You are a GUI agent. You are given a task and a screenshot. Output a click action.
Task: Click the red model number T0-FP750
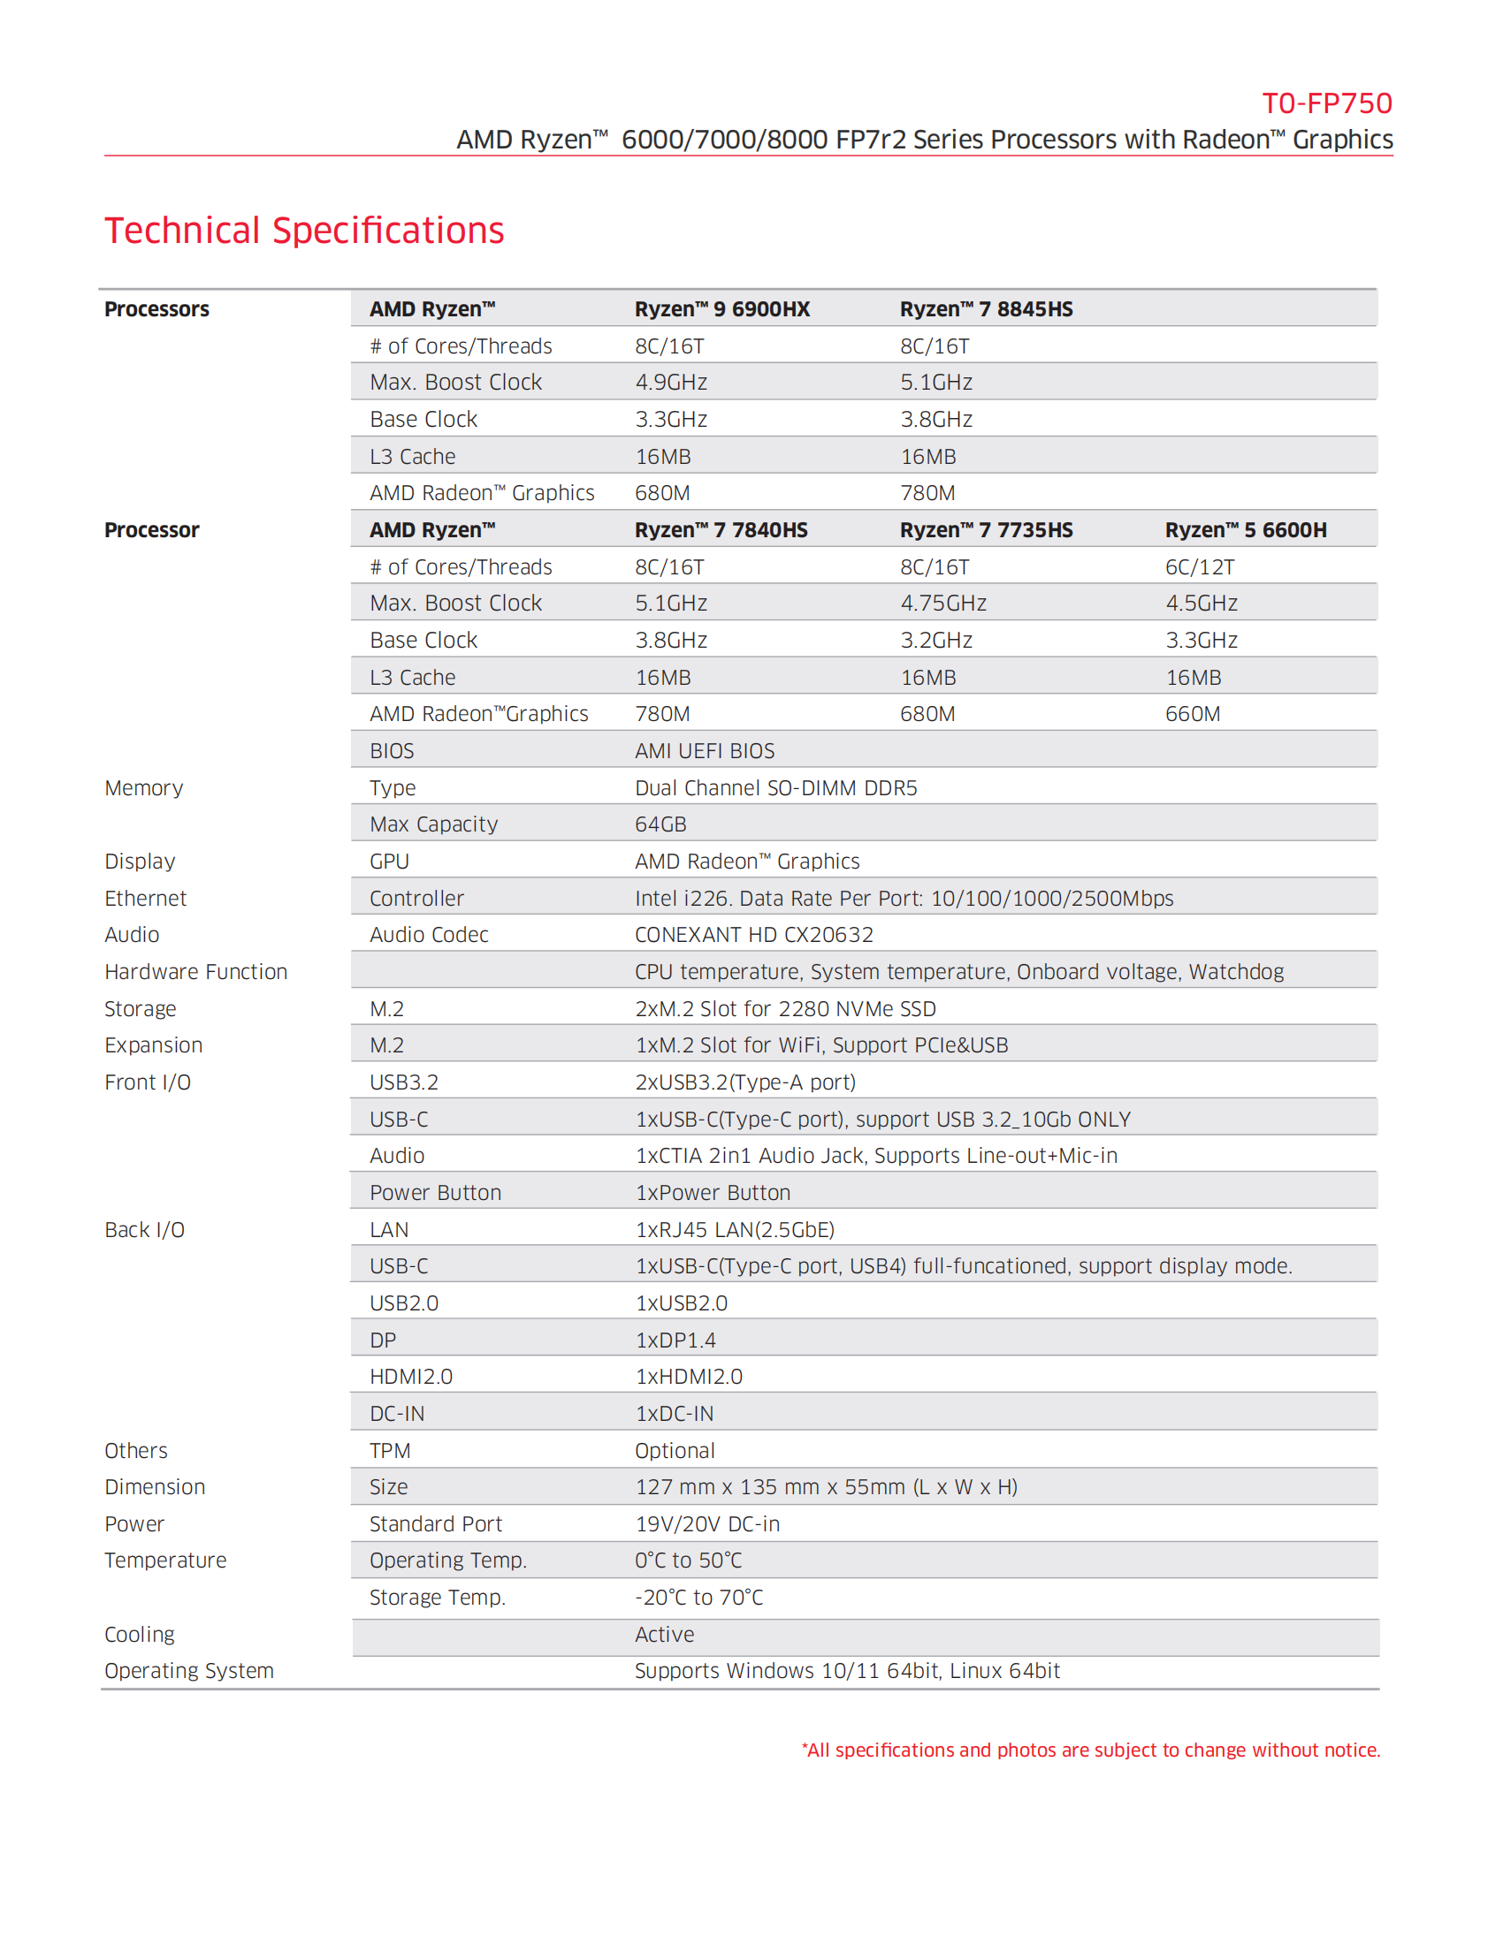coord(1326,104)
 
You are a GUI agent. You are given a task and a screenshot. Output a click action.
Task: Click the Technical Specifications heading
coord(304,231)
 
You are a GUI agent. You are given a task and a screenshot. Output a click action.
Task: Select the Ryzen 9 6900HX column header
coord(722,309)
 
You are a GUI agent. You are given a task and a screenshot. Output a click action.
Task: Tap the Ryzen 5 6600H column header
coord(1245,529)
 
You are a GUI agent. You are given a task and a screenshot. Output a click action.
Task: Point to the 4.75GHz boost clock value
coord(943,604)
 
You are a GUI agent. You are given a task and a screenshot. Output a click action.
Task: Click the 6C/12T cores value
coord(1200,567)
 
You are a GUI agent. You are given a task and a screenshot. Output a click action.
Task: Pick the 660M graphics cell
coord(1193,714)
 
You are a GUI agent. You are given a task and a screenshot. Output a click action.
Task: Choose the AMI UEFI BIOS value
coord(705,751)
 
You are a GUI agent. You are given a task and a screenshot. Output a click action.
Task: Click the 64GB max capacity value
coord(660,824)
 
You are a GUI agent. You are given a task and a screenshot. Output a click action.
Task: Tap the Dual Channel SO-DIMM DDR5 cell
coord(775,787)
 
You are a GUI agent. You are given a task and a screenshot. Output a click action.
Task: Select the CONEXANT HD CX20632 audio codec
coord(753,935)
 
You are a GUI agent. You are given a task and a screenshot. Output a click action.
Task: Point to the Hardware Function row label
coord(196,972)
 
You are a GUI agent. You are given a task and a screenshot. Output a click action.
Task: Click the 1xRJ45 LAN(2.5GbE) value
coord(735,1230)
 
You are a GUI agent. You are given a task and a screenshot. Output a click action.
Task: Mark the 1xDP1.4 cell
coord(675,1340)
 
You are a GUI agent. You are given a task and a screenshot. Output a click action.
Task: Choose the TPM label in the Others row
coord(390,1451)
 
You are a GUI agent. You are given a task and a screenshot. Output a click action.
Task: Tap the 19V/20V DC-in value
coord(707,1524)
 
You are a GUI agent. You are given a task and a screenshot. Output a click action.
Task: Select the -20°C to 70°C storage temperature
coord(698,1598)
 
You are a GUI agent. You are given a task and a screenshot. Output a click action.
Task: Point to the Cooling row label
coord(140,1634)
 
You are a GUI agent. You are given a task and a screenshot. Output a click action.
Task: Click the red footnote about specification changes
coord(1091,1750)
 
